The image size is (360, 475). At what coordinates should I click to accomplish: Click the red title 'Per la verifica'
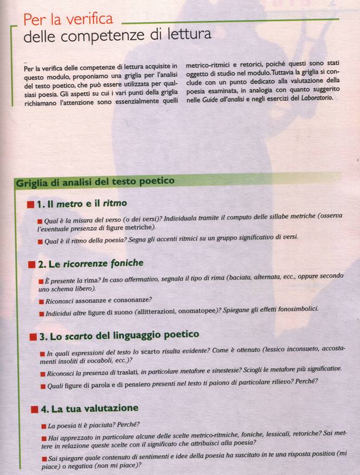[x=68, y=21]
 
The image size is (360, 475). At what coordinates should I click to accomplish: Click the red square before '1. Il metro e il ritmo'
[x=30, y=204]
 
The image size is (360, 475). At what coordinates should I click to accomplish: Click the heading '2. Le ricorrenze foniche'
[x=90, y=263]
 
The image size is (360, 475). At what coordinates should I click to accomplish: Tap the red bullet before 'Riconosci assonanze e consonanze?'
[x=42, y=300]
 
